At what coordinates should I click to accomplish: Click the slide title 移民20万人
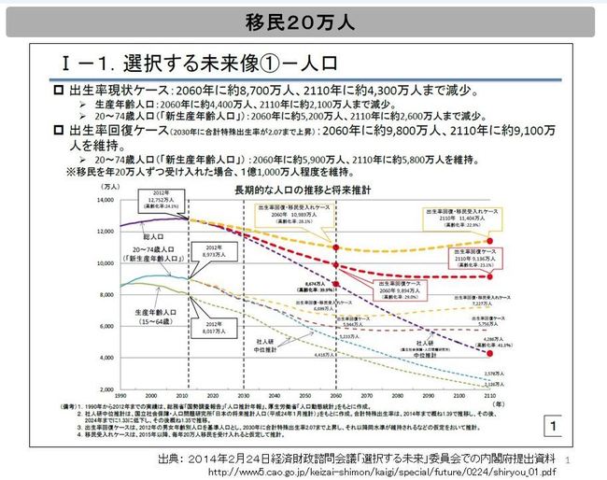click(x=303, y=21)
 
